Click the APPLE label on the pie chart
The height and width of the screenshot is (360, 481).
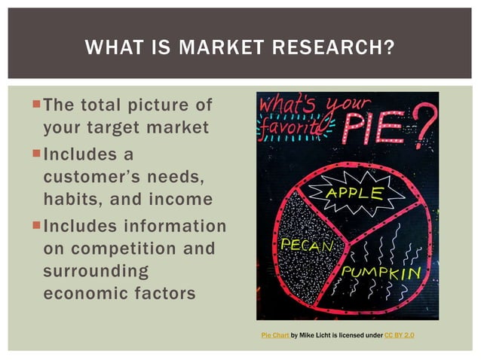[354, 193]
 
